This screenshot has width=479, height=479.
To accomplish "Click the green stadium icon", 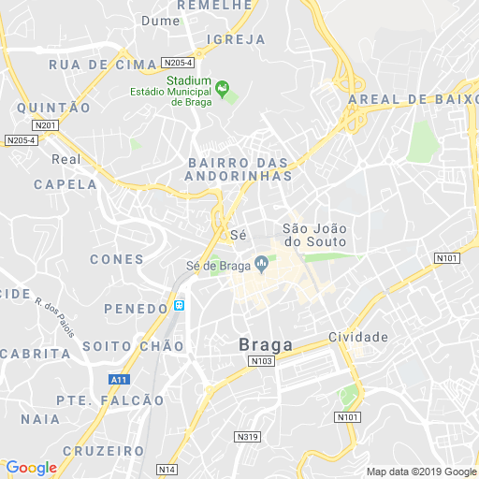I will (223, 89).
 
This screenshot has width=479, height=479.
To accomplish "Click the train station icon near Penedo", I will (180, 305).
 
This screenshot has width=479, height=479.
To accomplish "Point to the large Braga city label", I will (266, 344).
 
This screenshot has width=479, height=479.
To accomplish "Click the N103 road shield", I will (262, 361).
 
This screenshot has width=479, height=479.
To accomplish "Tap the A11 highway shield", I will (118, 379).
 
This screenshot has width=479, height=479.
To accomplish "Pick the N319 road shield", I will (247, 437).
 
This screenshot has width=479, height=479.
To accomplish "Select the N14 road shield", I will (167, 469).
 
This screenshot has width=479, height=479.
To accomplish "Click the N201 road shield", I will (44, 125).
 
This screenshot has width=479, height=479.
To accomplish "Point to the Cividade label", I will (358, 336).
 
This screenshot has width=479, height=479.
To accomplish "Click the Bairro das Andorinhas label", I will (238, 168).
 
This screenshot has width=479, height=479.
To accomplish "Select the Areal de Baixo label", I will (413, 99).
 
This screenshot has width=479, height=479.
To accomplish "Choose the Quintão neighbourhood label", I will (53, 108).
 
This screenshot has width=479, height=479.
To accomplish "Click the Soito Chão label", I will (133, 346).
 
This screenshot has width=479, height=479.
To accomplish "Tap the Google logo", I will (31, 468).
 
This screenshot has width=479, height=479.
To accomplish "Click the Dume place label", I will (160, 20).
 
